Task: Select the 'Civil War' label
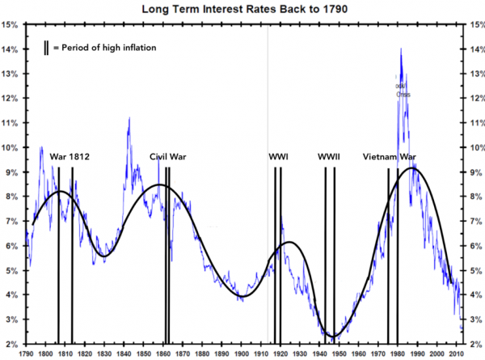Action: pos(168,156)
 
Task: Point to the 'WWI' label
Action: pos(279,156)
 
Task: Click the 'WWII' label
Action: pos(329,156)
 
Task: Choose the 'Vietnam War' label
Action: pos(390,156)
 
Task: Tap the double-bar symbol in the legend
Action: pos(46,48)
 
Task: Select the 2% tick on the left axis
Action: pos(11,345)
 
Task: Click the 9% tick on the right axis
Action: pos(473,172)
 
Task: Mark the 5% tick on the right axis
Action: pos(473,271)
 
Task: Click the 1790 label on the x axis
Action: pos(26,354)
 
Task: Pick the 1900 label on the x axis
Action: pos(242,354)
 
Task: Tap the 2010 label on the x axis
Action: pos(458,354)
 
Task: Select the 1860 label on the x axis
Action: pos(163,354)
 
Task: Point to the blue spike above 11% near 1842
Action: pos(129,118)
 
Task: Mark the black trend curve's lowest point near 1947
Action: pos(331,336)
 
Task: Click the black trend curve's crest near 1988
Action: pos(413,168)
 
